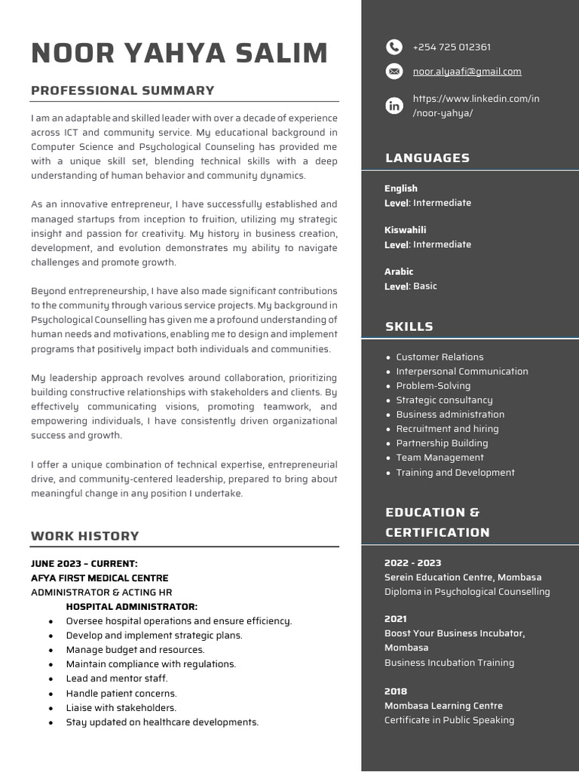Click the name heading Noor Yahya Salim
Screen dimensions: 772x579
[179, 54]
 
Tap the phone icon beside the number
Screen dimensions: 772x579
[394, 47]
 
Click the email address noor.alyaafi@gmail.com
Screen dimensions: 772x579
[467, 72]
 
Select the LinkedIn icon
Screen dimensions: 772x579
[394, 106]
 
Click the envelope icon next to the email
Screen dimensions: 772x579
[394, 72]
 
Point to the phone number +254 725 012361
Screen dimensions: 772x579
[452, 47]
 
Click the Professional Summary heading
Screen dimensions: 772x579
[123, 90]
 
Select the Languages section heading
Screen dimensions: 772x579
[427, 158]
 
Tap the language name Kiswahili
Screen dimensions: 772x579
[405, 230]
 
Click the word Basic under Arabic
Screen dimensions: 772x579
[425, 286]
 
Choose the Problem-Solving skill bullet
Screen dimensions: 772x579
[433, 386]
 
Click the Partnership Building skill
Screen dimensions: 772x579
[442, 443]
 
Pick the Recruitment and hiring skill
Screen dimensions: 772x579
[447, 429]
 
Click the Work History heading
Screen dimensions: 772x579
[85, 536]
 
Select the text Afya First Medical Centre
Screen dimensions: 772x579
[100, 578]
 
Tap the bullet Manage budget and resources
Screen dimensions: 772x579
[135, 650]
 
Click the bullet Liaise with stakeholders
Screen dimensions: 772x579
[121, 708]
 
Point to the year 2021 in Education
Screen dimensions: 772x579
[396, 619]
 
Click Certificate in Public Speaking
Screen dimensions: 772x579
[449, 720]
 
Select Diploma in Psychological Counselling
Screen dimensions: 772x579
[467, 592]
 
